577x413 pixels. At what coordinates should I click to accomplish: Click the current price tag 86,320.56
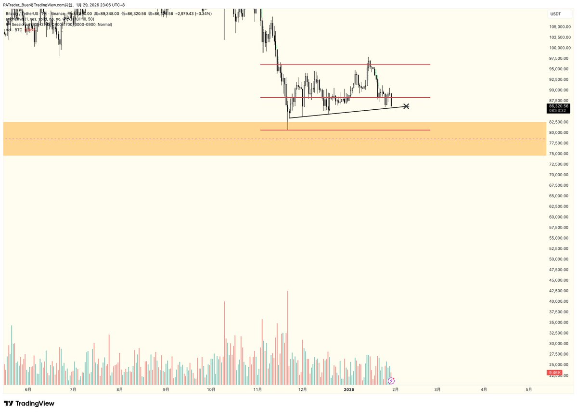(559, 106)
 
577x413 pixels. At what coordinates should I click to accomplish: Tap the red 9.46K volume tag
(553, 373)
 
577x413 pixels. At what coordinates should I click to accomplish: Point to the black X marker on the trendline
(406, 106)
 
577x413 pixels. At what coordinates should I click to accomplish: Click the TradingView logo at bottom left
(29, 403)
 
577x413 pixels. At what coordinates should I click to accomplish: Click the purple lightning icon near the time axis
(391, 381)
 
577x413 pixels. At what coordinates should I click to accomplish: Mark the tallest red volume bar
(287, 337)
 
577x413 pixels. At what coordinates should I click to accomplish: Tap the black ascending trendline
(346, 112)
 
